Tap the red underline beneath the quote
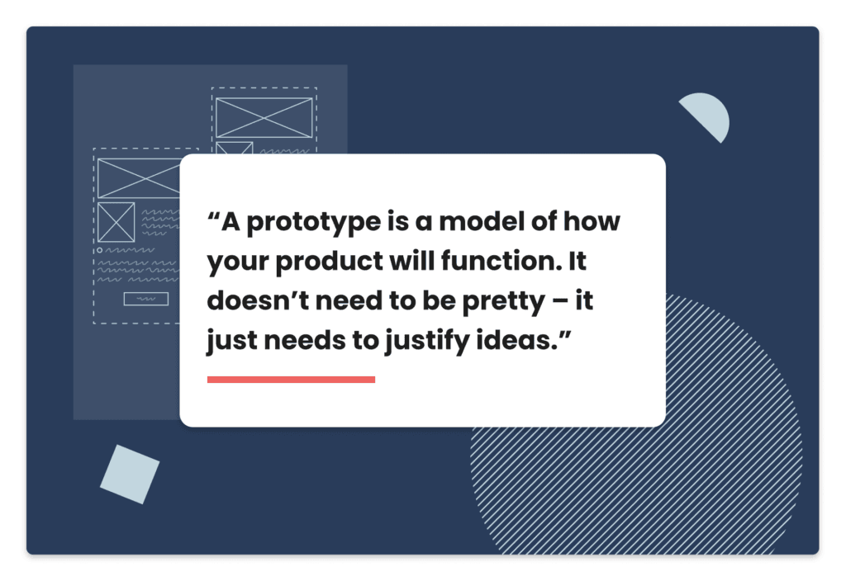tap(291, 380)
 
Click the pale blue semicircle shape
tap(707, 114)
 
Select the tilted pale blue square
tap(130, 475)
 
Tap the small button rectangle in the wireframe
tap(146, 299)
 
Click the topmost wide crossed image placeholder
tap(264, 117)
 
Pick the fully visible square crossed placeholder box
tap(116, 222)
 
